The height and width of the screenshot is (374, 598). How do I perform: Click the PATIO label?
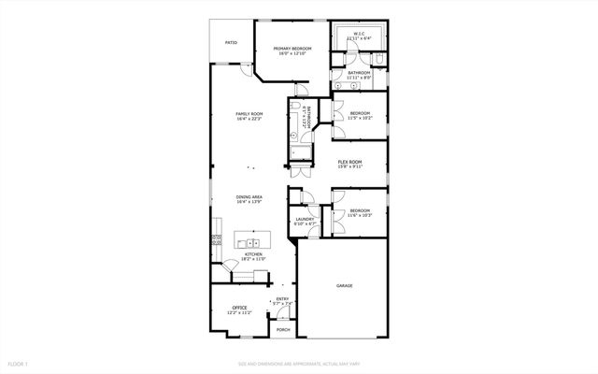point(231,42)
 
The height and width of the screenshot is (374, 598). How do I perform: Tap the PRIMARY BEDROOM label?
point(292,49)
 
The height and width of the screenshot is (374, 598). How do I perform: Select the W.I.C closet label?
point(359,34)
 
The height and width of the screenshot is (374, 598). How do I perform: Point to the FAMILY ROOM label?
point(249,114)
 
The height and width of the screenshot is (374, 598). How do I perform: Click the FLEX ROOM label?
point(349,162)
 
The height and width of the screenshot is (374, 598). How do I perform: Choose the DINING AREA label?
point(249,197)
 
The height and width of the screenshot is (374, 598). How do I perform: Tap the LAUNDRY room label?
point(305,219)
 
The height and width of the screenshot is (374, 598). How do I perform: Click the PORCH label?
point(282,330)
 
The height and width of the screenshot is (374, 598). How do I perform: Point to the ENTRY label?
point(282,299)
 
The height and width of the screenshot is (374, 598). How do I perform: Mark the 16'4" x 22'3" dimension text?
point(249,120)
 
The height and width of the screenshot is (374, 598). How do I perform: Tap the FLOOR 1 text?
point(19,363)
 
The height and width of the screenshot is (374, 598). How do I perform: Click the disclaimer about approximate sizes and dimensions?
point(299,363)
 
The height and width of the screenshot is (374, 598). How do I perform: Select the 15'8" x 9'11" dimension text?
point(349,167)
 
